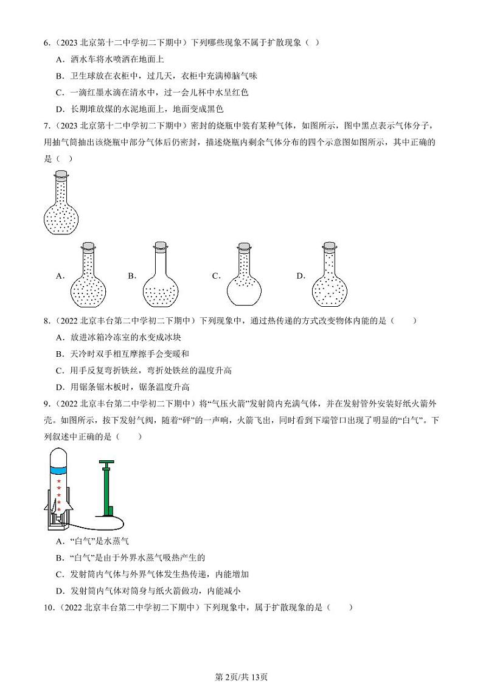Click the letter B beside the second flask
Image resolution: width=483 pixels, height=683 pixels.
(x=131, y=276)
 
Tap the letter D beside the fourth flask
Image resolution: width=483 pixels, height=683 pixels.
(x=300, y=276)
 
